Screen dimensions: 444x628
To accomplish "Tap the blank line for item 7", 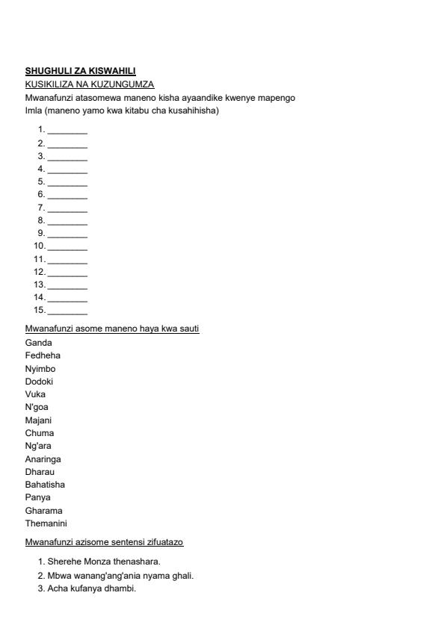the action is pyautogui.click(x=67, y=208).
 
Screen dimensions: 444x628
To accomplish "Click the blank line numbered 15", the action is pyautogui.click(x=67, y=310).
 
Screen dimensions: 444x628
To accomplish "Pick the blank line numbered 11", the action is pyautogui.click(x=67, y=259).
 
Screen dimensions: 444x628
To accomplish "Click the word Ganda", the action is pyautogui.click(x=39, y=343).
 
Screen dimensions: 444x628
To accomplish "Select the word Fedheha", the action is pyautogui.click(x=43, y=355).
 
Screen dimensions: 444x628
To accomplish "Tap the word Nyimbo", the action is pyautogui.click(x=40, y=369).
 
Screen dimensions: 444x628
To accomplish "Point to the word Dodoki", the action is pyautogui.click(x=39, y=382).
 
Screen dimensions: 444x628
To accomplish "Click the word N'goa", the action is pyautogui.click(x=37, y=407).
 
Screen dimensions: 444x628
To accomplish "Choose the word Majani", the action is pyautogui.click(x=39, y=420).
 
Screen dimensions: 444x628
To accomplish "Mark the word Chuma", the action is pyautogui.click(x=40, y=433).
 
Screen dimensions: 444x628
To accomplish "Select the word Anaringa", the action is pyautogui.click(x=43, y=459).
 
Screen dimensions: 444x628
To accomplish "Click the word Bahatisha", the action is pyautogui.click(x=45, y=485).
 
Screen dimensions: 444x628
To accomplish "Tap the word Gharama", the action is pyautogui.click(x=44, y=511).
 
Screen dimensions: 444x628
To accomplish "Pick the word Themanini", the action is pyautogui.click(x=46, y=523).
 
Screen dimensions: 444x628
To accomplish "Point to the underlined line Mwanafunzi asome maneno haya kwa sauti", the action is pyautogui.click(x=112, y=329).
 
